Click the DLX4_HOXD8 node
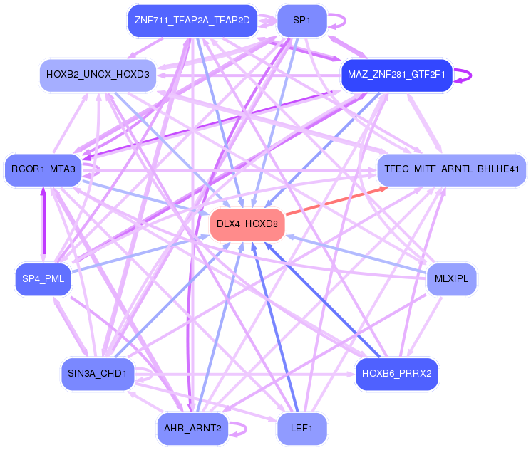point(247,224)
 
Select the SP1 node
point(301,21)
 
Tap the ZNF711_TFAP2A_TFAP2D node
point(192,21)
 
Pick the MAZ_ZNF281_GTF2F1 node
point(396,74)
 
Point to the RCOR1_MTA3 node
point(43,169)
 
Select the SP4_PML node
point(43,278)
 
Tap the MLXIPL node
point(451,278)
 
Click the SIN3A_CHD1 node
point(97,373)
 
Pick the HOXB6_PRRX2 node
point(396,373)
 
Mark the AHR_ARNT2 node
point(192,428)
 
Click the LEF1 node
point(301,428)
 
